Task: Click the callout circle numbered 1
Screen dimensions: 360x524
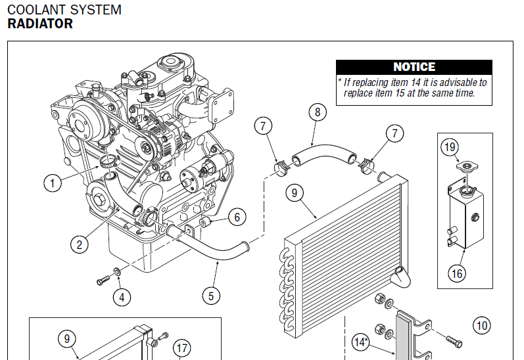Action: (52, 182)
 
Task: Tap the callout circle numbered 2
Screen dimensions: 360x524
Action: (80, 245)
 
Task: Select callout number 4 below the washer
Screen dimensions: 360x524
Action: (121, 297)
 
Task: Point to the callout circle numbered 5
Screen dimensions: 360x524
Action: (210, 296)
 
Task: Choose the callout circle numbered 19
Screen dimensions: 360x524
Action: (450, 147)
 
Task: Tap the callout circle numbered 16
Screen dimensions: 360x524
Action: (456, 272)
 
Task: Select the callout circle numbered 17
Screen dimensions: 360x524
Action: (181, 348)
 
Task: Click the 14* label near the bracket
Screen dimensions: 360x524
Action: (360, 342)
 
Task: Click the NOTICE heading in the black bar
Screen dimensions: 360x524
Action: (414, 67)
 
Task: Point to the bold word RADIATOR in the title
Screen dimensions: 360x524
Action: (40, 24)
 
